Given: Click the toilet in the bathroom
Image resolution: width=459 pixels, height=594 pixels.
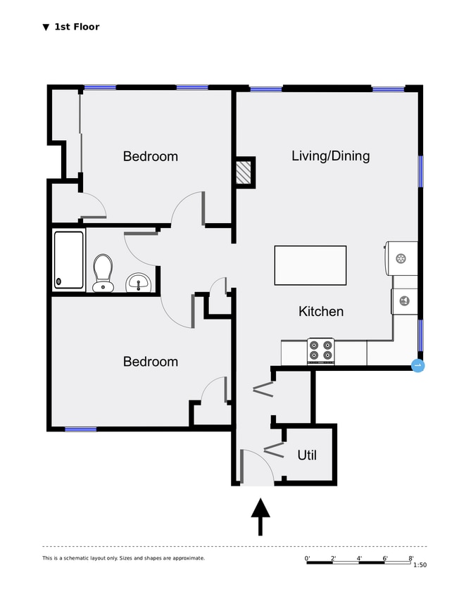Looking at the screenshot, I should point(103,272).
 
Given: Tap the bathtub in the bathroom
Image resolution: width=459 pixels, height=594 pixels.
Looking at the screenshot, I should point(69,260).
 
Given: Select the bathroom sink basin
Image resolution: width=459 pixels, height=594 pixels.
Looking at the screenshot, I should point(139,283).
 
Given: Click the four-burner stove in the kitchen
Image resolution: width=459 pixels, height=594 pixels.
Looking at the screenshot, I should point(321,350).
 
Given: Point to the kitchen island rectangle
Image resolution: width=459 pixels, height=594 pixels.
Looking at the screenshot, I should point(310,265).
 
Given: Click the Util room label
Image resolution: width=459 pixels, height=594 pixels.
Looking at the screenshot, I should point(307,455).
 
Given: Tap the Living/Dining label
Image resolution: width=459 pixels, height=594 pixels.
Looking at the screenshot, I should point(330,156).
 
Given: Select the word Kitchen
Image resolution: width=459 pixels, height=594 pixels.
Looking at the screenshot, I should point(321,311).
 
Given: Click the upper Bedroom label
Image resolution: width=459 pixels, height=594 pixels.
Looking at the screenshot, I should point(150,156).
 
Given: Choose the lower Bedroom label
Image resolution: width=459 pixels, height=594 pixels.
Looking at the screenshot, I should point(150,362).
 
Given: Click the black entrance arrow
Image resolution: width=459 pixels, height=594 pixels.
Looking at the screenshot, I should point(261,517).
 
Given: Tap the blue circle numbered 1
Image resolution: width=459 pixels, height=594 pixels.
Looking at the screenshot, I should point(417,365).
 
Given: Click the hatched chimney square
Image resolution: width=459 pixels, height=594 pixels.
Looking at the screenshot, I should point(244,172).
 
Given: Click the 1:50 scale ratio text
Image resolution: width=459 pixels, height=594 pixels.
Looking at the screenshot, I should point(420,565).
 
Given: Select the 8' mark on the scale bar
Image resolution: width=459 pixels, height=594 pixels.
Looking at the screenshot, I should point(411,558).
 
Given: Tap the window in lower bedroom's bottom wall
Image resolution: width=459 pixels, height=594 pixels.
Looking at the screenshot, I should point(81,429).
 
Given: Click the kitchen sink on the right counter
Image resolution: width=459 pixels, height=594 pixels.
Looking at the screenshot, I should point(404,301).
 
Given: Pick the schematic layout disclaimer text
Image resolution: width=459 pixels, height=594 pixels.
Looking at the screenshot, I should point(123,558).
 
